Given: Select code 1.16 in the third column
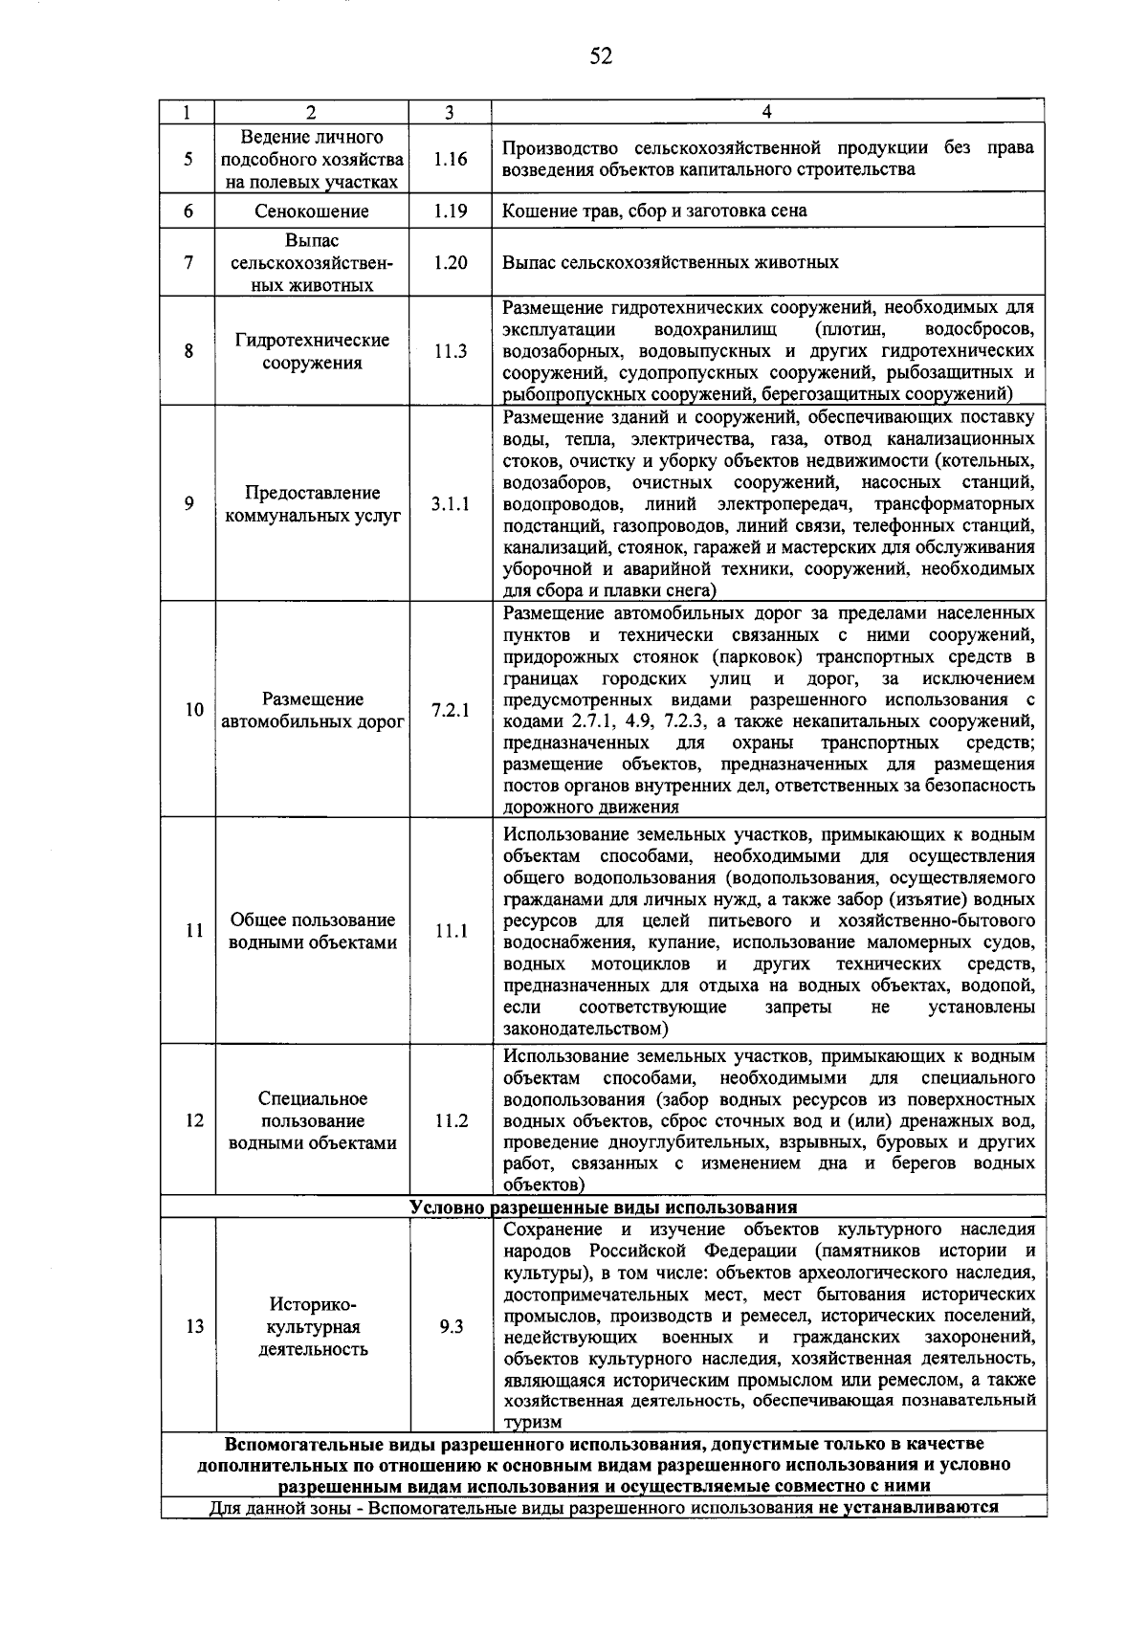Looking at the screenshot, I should pos(450,159).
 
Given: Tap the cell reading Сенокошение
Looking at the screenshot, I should pos(312,210).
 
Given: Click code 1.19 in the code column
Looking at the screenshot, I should pos(450,210).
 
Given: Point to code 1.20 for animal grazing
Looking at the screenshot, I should pos(450,262).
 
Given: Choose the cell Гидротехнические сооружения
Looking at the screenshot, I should pos(312,351).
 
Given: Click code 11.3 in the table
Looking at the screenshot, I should pos(450,351).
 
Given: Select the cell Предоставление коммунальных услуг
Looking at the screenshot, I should pos(312,504).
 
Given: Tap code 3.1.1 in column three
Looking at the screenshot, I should pos(450,504).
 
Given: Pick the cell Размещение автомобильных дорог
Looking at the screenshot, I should pos(312,710).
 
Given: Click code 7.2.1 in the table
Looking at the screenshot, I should pos(450,710).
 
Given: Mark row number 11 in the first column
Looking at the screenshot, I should pos(194,930).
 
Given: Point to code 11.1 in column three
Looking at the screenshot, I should pos(450,930).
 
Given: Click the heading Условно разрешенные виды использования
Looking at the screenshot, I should pos(603,1207).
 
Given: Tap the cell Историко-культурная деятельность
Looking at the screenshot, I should pos(312,1327).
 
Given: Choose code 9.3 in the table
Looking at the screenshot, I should pos(450,1327).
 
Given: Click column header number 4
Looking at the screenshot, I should pos(766,112).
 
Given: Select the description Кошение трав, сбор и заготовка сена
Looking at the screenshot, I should pos(654,210).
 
